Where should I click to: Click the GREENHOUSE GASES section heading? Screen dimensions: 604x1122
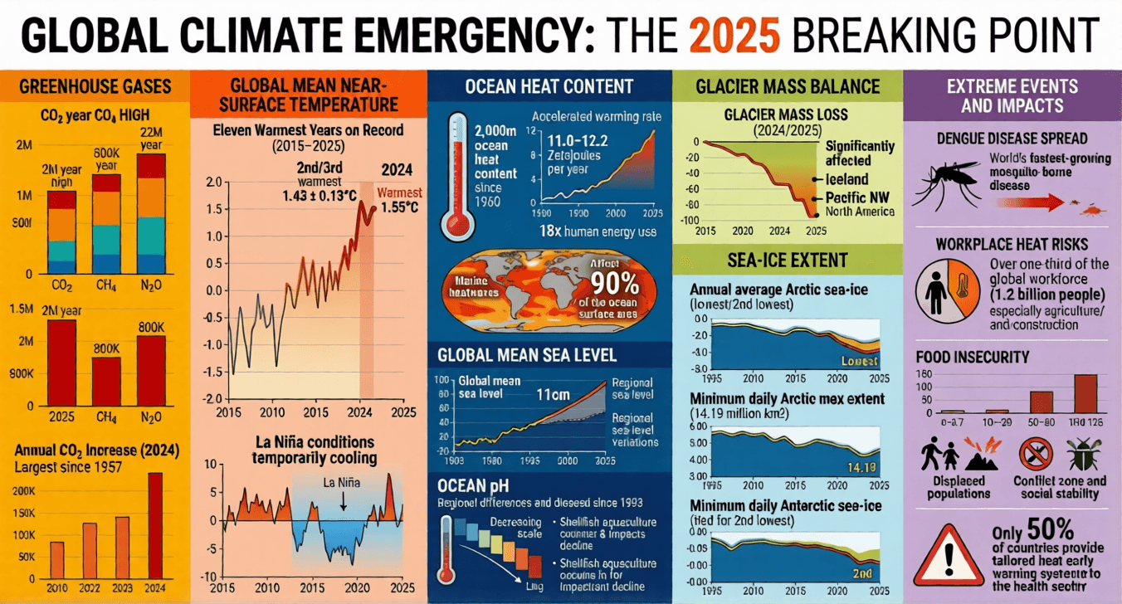[x=94, y=85]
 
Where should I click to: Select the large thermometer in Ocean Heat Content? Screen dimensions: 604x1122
[x=456, y=174]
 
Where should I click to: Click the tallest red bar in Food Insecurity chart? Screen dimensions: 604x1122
[x=1085, y=393]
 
